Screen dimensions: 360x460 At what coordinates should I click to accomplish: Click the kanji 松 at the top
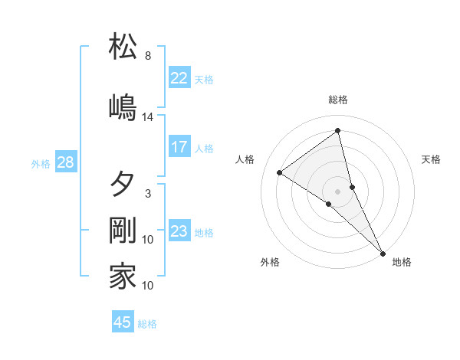123,47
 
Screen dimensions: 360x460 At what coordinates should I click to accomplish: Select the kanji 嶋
123,106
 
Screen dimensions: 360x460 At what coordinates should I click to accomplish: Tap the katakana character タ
123,185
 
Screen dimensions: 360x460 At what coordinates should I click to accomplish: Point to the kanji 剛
123,231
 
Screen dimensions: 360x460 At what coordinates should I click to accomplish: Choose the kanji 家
123,277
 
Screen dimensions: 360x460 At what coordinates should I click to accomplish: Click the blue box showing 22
179,78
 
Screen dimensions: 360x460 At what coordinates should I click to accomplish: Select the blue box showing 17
179,147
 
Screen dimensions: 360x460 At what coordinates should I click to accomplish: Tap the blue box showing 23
179,231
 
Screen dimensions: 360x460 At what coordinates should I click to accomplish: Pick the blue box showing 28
65,162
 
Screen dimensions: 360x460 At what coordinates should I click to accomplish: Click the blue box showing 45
123,322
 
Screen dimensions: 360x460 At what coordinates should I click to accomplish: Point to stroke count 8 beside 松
148,56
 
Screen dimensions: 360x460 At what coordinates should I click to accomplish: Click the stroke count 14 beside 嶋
148,117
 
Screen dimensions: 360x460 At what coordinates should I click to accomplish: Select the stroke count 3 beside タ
148,194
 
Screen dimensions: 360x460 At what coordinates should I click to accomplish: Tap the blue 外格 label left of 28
41,163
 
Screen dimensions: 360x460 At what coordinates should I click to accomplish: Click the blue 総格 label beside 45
147,324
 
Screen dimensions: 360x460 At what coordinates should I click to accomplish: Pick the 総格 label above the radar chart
338,100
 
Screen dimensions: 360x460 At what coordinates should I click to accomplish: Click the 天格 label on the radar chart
432,159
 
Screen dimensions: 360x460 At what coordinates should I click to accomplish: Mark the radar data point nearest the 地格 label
382,252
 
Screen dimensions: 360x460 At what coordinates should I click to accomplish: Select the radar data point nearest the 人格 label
280,172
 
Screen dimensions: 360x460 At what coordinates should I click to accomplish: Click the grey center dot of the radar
338,191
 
